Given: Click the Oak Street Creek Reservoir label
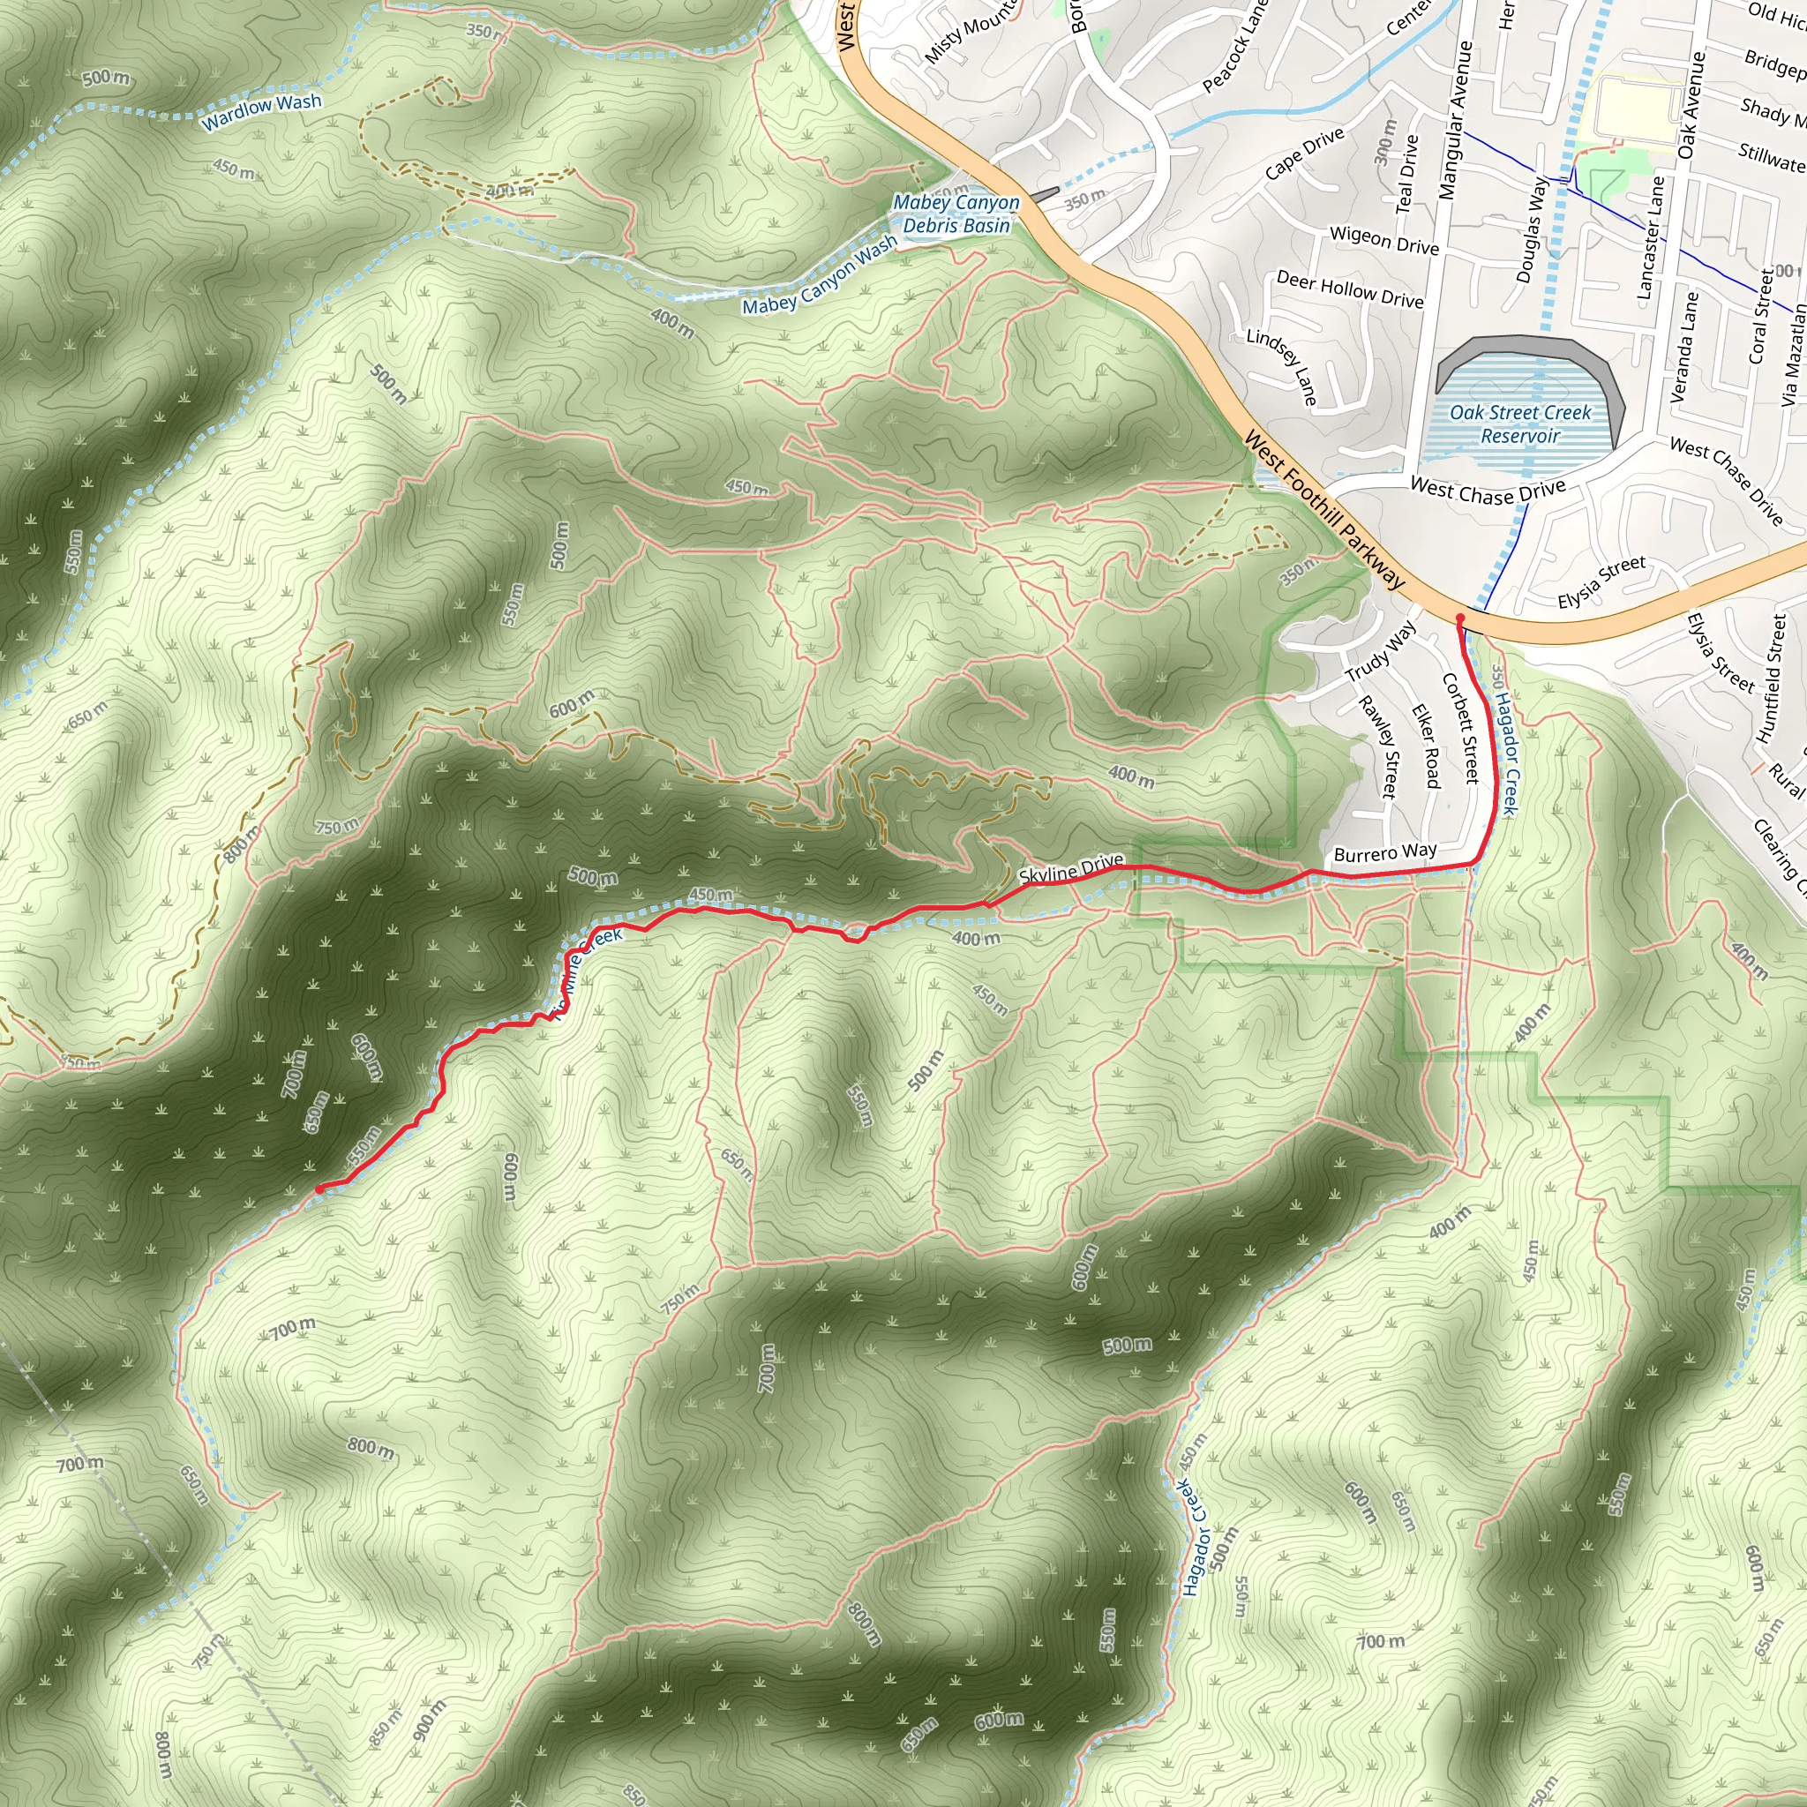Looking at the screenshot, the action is click(1520, 424).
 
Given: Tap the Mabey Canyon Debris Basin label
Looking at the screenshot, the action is click(956, 214).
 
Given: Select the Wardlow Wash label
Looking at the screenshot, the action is click(262, 111).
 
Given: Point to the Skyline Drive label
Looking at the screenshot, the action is click(1071, 869).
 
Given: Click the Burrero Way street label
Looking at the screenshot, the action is click(1384, 852).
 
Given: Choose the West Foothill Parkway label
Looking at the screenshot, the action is click(1324, 511).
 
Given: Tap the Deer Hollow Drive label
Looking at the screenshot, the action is click(1350, 289).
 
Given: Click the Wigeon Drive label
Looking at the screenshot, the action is click(1384, 240).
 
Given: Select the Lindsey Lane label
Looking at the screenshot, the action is click(1282, 365).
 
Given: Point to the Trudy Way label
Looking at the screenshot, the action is click(1381, 652).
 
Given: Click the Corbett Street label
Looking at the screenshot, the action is click(1460, 728).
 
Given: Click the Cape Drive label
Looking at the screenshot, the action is click(1304, 153).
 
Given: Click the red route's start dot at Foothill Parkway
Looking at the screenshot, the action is click(1460, 619).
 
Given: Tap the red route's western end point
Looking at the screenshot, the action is click(320, 1188).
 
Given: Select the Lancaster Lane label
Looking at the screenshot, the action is click(1651, 237).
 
